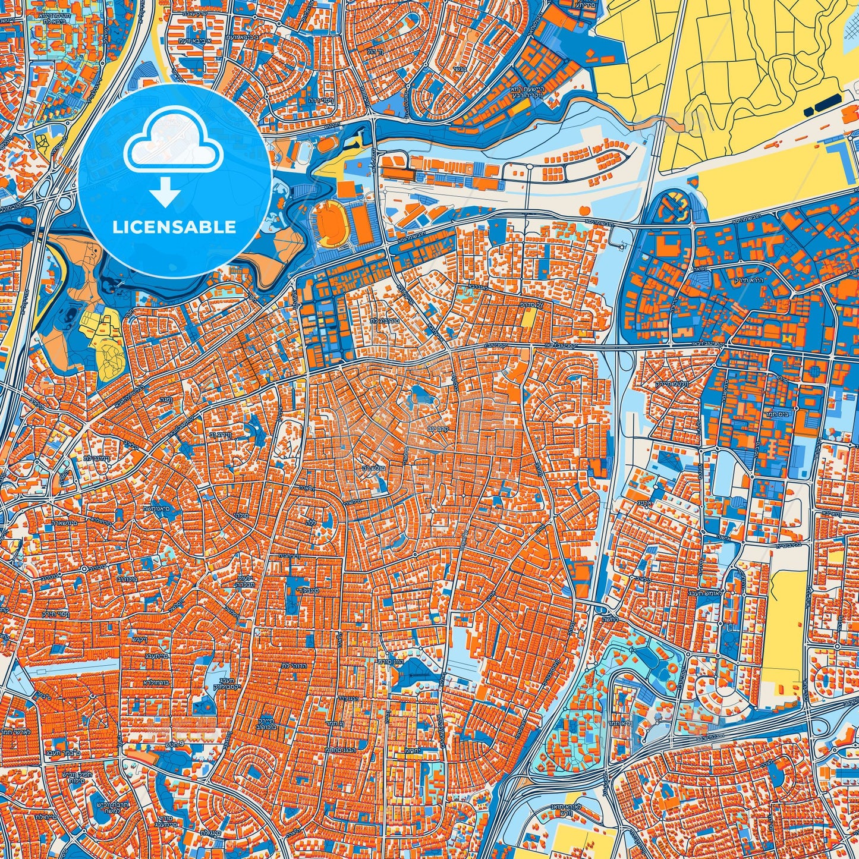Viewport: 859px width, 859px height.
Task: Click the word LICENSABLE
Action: pos(175,227)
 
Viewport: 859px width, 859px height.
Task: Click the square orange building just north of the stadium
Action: pos(345,189)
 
